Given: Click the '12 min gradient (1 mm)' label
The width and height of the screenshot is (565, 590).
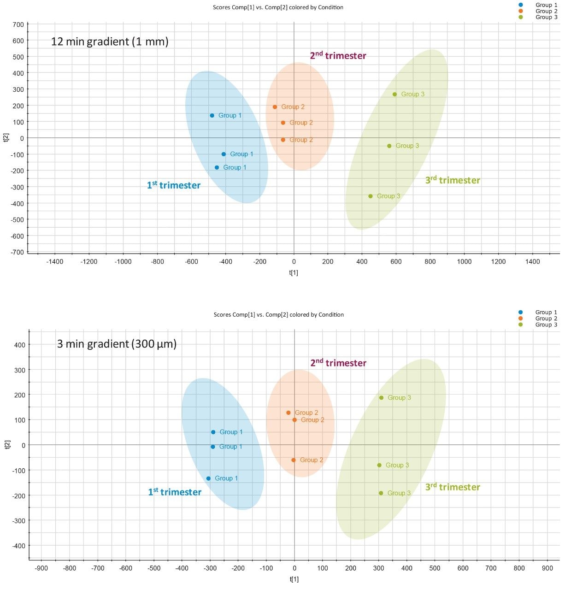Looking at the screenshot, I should [110, 41].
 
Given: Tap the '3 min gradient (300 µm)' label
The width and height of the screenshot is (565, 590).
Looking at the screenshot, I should [117, 344].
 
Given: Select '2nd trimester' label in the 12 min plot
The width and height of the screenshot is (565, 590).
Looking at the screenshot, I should [338, 56].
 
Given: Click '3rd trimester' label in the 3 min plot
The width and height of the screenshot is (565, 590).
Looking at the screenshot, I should [453, 487].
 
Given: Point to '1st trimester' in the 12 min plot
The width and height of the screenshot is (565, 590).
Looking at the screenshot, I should [174, 185].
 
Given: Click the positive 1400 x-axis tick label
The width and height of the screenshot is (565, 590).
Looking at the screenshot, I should [532, 261].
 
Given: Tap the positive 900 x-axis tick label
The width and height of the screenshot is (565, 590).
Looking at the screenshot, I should [547, 568].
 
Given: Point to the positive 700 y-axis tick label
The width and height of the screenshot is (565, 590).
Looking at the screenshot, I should [18, 24].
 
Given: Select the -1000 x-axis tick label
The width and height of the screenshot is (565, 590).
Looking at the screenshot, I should [123, 261].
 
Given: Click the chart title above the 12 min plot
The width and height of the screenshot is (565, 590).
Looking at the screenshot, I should [278, 7].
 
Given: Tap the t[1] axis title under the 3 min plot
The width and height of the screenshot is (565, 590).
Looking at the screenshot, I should [294, 579].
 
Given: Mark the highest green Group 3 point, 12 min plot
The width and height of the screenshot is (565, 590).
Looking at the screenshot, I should [394, 94].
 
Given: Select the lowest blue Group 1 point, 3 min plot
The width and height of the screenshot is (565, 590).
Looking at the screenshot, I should [208, 478].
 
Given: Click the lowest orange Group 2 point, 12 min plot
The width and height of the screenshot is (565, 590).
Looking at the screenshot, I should [283, 140].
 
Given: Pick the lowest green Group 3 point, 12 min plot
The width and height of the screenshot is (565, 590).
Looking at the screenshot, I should [370, 196].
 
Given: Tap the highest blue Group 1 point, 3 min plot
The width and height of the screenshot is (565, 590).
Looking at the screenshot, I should [213, 432].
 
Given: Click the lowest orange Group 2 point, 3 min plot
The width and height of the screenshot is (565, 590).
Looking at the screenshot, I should [293, 460].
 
